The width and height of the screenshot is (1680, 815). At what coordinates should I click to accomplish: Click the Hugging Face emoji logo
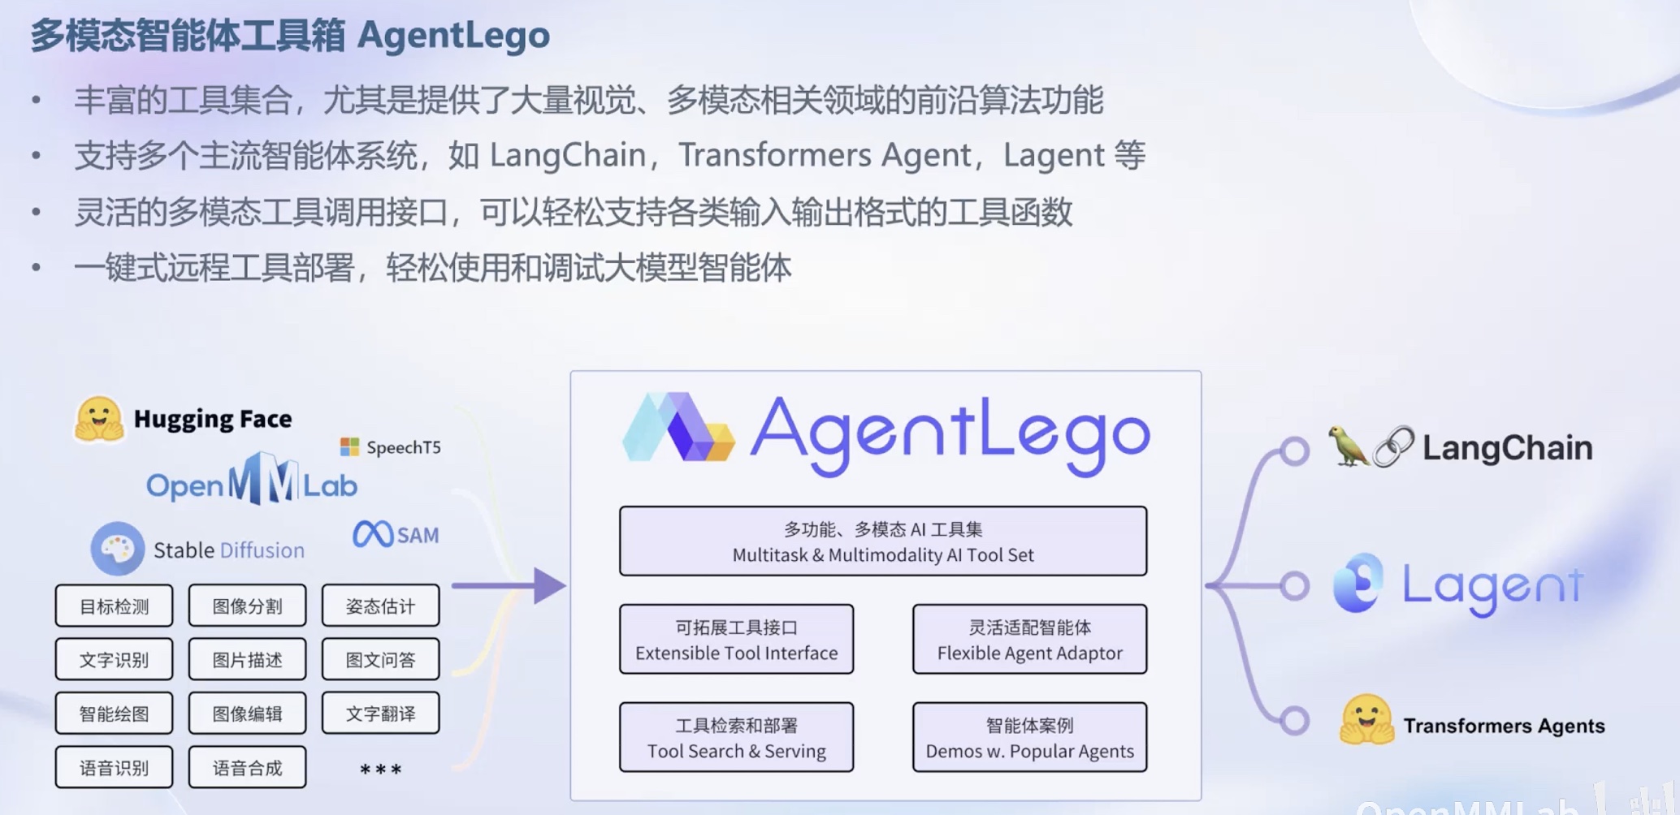(98, 420)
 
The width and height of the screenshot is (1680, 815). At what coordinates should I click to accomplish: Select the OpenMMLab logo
(252, 483)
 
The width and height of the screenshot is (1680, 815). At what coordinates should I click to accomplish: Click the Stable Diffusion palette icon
(117, 549)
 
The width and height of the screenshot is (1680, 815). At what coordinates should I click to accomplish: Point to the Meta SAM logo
(396, 535)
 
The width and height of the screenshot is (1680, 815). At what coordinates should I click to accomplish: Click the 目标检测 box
(114, 606)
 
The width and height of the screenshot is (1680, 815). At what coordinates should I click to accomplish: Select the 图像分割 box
(247, 606)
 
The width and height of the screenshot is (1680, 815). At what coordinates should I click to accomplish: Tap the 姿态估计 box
(380, 606)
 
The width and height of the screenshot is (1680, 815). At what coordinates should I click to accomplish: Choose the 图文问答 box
(380, 660)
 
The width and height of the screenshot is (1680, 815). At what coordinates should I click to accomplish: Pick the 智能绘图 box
(114, 714)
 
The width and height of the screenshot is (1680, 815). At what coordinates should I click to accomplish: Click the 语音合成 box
(247, 767)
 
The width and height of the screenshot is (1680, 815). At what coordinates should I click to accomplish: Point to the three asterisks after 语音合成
(380, 769)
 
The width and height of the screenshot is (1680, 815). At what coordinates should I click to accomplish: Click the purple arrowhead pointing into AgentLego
(549, 585)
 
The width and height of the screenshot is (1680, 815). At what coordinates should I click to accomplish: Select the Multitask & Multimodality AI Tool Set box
(883, 541)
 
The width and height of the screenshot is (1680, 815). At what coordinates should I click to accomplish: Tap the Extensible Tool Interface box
(736, 640)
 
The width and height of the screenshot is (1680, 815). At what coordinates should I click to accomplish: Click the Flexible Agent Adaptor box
(1029, 640)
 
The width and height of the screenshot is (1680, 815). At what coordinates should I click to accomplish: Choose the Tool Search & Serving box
(736, 738)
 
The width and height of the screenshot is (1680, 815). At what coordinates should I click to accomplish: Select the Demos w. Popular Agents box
(1029, 738)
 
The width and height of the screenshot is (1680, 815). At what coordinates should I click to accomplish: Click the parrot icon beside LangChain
(1348, 446)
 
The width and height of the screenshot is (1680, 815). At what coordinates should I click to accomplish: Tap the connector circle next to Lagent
(1294, 585)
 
